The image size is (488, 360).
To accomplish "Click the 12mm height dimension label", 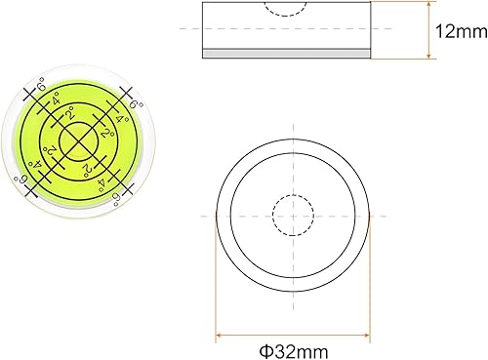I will [x=454, y=31].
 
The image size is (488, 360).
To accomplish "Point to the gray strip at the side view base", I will [x=288, y=54].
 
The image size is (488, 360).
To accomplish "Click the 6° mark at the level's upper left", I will [x=40, y=93].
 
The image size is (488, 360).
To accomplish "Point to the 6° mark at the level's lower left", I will [x=20, y=180].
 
